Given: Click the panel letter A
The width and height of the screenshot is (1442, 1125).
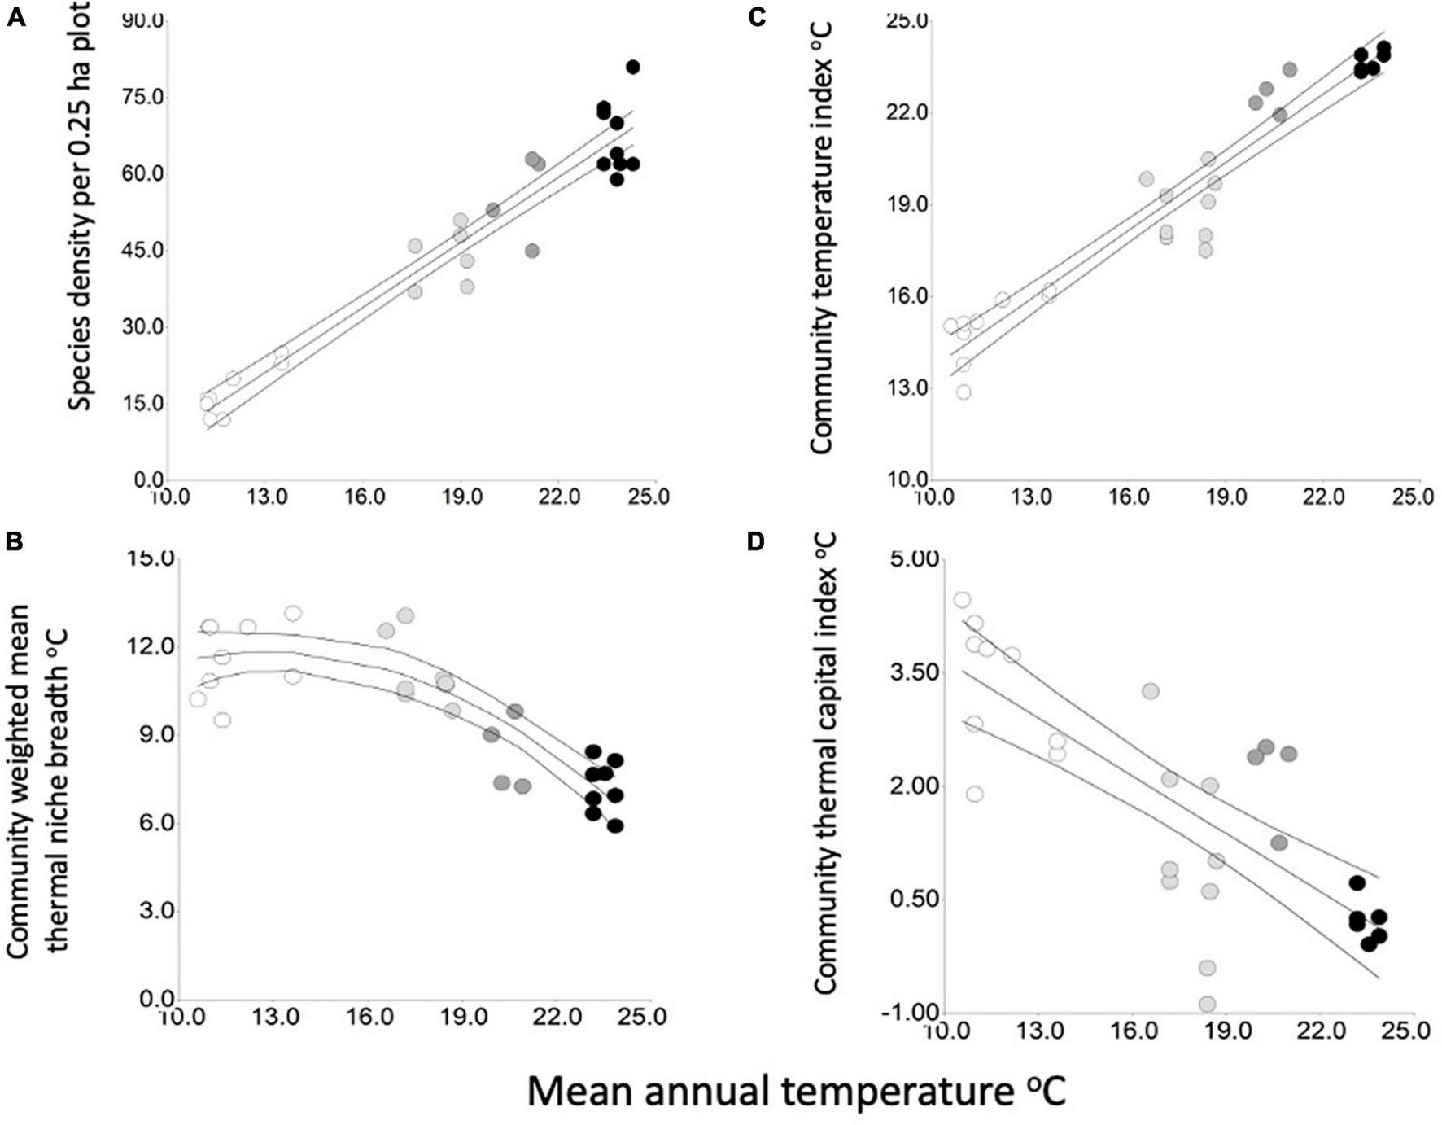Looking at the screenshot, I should click(x=15, y=17).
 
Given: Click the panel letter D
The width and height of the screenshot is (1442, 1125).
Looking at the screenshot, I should click(x=756, y=541).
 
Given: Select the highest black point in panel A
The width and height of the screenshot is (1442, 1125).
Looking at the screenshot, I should click(x=632, y=67).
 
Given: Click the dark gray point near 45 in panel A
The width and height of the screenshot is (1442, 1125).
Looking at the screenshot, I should click(x=532, y=251).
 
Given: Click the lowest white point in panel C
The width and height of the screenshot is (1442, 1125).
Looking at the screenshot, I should click(x=964, y=392).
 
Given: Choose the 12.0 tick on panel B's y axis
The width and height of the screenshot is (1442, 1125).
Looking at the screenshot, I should click(x=151, y=646).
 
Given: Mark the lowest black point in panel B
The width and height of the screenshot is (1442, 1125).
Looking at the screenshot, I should click(x=615, y=825).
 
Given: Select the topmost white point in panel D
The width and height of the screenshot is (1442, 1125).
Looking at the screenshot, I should click(x=962, y=600).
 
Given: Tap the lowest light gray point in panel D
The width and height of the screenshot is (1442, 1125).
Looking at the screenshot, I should click(x=1207, y=1004).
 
